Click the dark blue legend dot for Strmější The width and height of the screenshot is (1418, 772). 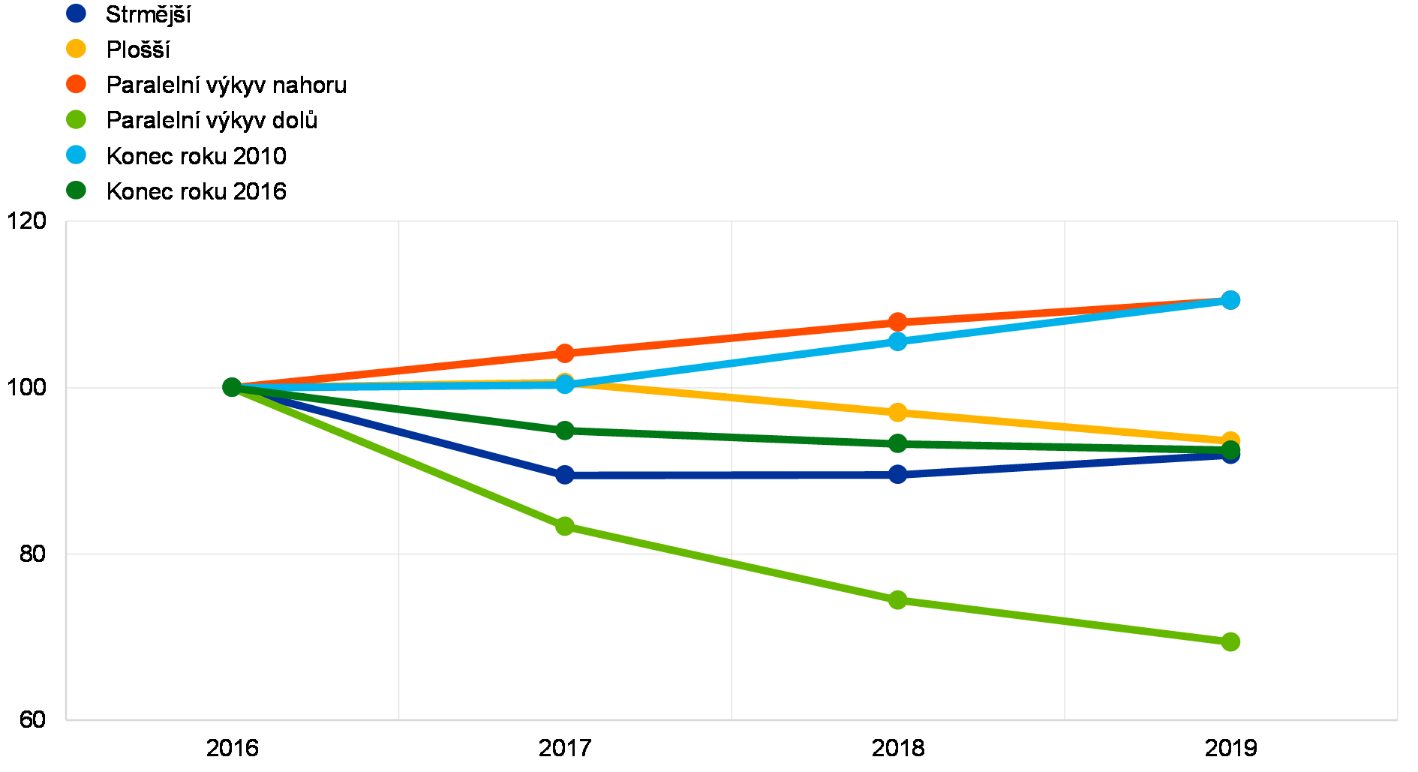76,13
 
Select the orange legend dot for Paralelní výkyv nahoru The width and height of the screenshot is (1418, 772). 76,84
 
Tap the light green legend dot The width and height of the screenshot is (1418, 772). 76,119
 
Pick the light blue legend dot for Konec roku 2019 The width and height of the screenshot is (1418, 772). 76,155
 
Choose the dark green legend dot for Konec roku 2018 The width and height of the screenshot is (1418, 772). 76,190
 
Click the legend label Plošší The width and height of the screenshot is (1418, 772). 140,49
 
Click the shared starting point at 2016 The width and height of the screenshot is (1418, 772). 232,387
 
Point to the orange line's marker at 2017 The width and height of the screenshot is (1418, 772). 565,353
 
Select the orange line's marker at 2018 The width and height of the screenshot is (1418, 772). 897,323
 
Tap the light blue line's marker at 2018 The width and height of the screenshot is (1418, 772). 897,341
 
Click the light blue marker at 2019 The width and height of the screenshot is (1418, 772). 1230,300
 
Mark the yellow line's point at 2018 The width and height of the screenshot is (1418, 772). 897,413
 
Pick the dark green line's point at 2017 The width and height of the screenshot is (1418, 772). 565,431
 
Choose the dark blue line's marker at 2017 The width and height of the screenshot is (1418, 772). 565,475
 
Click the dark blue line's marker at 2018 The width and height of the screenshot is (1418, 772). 897,474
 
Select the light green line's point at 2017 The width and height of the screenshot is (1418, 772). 565,526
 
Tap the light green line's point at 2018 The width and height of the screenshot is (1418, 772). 897,599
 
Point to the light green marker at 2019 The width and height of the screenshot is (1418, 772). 1230,641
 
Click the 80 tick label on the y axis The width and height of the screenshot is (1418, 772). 33,554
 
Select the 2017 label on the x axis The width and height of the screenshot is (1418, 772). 565,747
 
